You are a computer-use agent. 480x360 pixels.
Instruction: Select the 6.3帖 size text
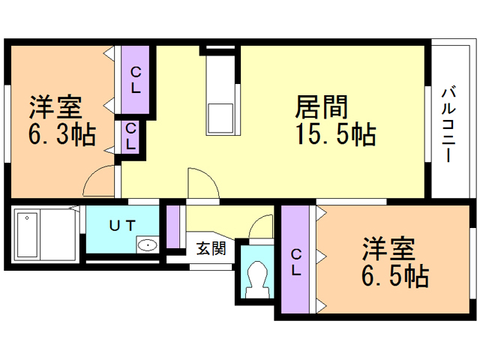point(61,136)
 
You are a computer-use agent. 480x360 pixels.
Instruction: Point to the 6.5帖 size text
point(396,277)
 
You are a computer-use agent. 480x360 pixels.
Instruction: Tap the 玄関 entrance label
point(211,249)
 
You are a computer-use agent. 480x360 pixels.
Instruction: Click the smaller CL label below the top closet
point(130,136)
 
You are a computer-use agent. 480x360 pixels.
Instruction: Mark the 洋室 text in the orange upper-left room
point(55,107)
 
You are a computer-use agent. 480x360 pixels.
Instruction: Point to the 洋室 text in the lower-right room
point(389,248)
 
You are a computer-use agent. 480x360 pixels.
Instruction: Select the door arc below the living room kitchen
point(202,183)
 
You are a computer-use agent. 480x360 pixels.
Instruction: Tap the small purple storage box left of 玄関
point(173,226)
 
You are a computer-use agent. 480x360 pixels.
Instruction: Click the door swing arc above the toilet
point(262,226)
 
